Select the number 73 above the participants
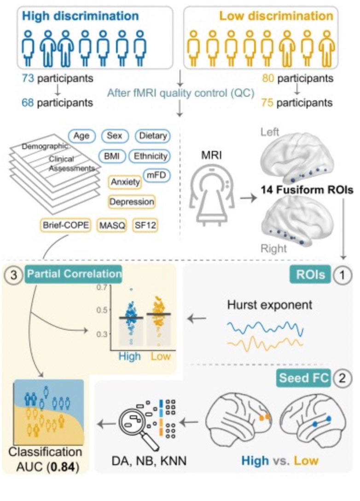tap(28, 79)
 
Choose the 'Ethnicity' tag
tap(150, 156)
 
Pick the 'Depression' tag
tap(132, 201)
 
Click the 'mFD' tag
tap(155, 175)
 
